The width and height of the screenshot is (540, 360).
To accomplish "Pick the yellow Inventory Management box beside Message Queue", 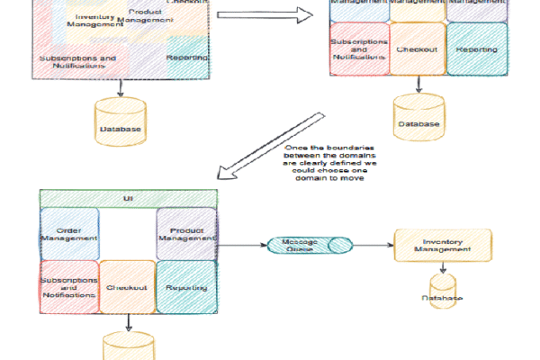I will coord(443,244).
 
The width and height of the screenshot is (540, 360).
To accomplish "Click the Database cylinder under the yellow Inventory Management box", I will coord(443,293).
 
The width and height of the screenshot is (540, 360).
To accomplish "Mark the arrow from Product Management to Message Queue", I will coord(240,244).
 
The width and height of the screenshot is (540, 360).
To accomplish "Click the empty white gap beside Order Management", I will coord(127,233).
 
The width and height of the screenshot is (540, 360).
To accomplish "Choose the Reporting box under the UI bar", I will coord(186,286).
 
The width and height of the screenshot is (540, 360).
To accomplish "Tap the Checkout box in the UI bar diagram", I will coord(127,286).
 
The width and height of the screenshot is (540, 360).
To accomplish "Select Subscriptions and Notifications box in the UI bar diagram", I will coord(68,286).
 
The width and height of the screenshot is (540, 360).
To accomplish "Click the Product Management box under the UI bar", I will coord(186,234).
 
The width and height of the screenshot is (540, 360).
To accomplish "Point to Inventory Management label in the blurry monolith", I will coord(100,20).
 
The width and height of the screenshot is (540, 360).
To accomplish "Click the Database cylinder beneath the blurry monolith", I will coord(121,127).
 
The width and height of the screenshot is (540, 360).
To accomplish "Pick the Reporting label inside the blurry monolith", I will coord(187,58).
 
